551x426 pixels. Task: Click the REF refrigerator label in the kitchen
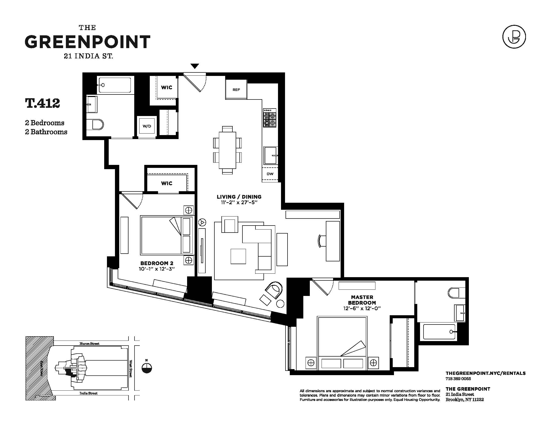[236, 90]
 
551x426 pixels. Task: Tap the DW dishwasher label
[270, 174]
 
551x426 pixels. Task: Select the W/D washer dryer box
[147, 126]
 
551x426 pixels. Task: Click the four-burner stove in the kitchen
[270, 118]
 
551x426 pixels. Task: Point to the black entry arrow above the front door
[195, 66]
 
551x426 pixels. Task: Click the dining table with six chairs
[227, 150]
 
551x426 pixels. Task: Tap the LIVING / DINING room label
[239, 197]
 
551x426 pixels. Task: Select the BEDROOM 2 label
[157, 263]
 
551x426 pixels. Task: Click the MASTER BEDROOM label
[362, 300]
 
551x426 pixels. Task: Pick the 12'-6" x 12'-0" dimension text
[362, 308]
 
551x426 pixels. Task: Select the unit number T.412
[42, 103]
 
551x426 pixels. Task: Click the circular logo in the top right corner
[514, 37]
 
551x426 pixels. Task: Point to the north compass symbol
[147, 368]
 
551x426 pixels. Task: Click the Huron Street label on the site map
[89, 344]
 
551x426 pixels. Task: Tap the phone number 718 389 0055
[458, 379]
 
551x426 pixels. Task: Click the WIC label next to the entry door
[167, 87]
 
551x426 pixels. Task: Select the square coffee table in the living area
[238, 256]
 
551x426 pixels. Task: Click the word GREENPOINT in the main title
[88, 42]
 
